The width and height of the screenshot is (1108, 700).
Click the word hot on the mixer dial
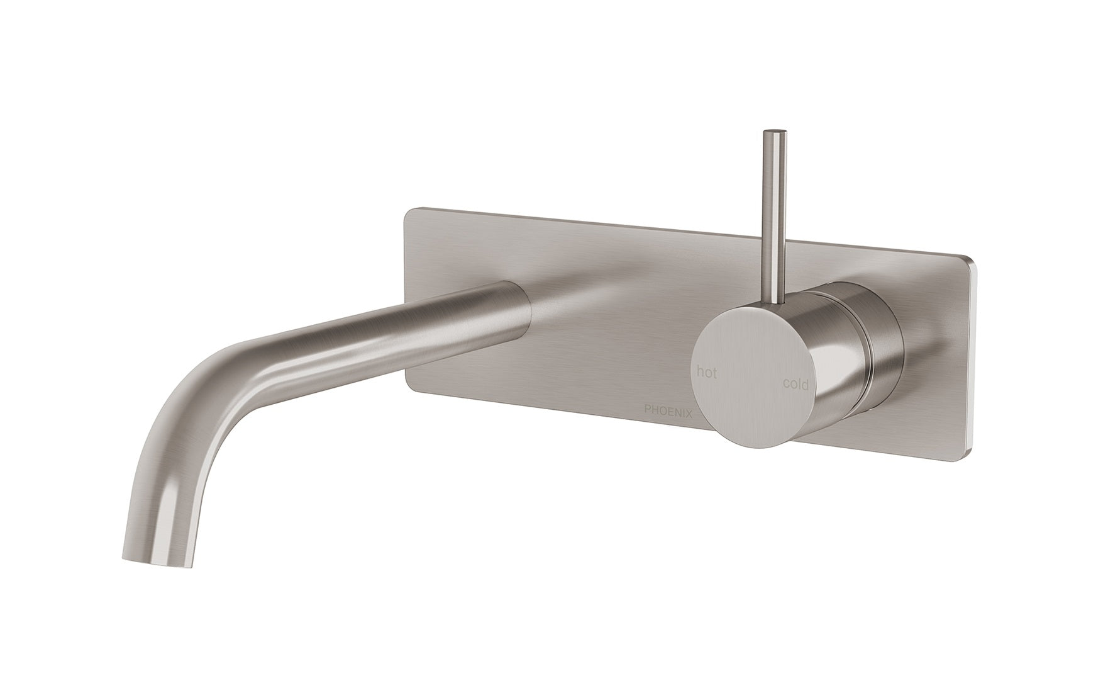707,372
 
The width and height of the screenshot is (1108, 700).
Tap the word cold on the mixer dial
796,383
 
